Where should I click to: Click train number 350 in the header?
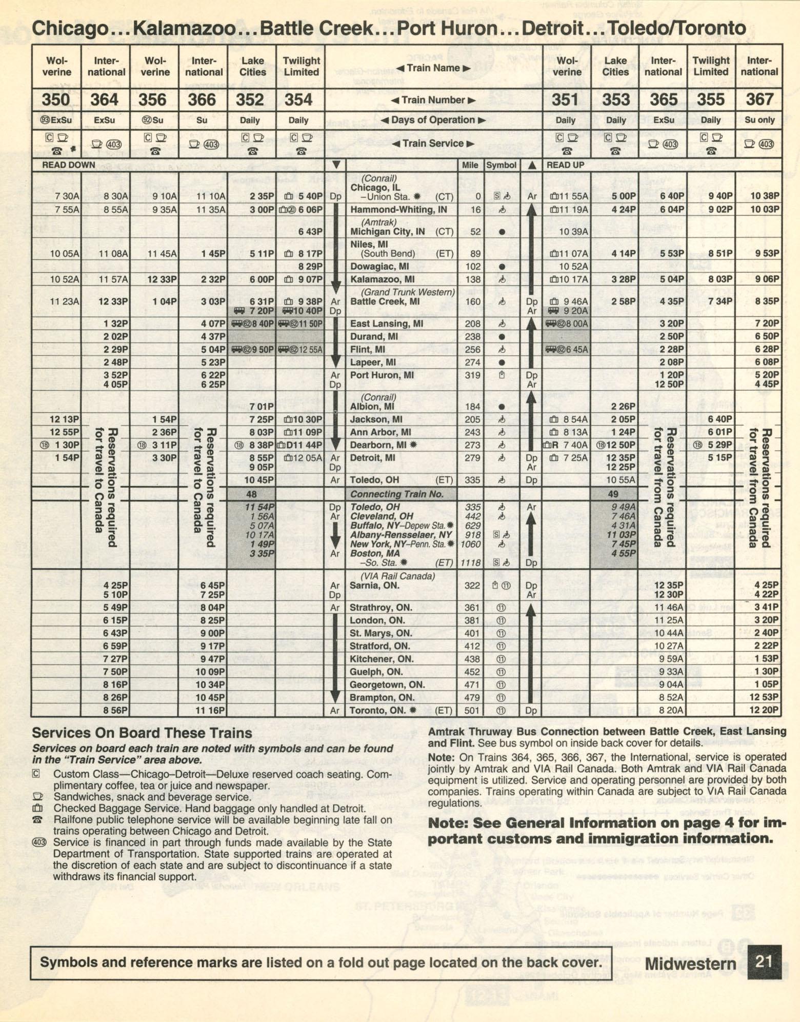click(x=56, y=99)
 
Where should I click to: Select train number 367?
click(x=759, y=99)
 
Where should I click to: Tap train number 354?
click(x=298, y=99)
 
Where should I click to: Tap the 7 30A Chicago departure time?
click(x=67, y=196)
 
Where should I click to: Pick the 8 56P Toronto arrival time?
click(x=115, y=711)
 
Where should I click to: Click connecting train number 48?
click(x=251, y=494)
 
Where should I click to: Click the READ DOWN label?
click(x=68, y=165)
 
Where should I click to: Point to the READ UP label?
click(x=565, y=165)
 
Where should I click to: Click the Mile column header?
click(x=470, y=165)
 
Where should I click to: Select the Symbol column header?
click(x=501, y=165)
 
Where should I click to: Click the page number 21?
click(x=764, y=960)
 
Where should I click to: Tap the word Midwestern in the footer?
click(x=690, y=963)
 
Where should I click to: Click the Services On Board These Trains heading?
click(x=142, y=733)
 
